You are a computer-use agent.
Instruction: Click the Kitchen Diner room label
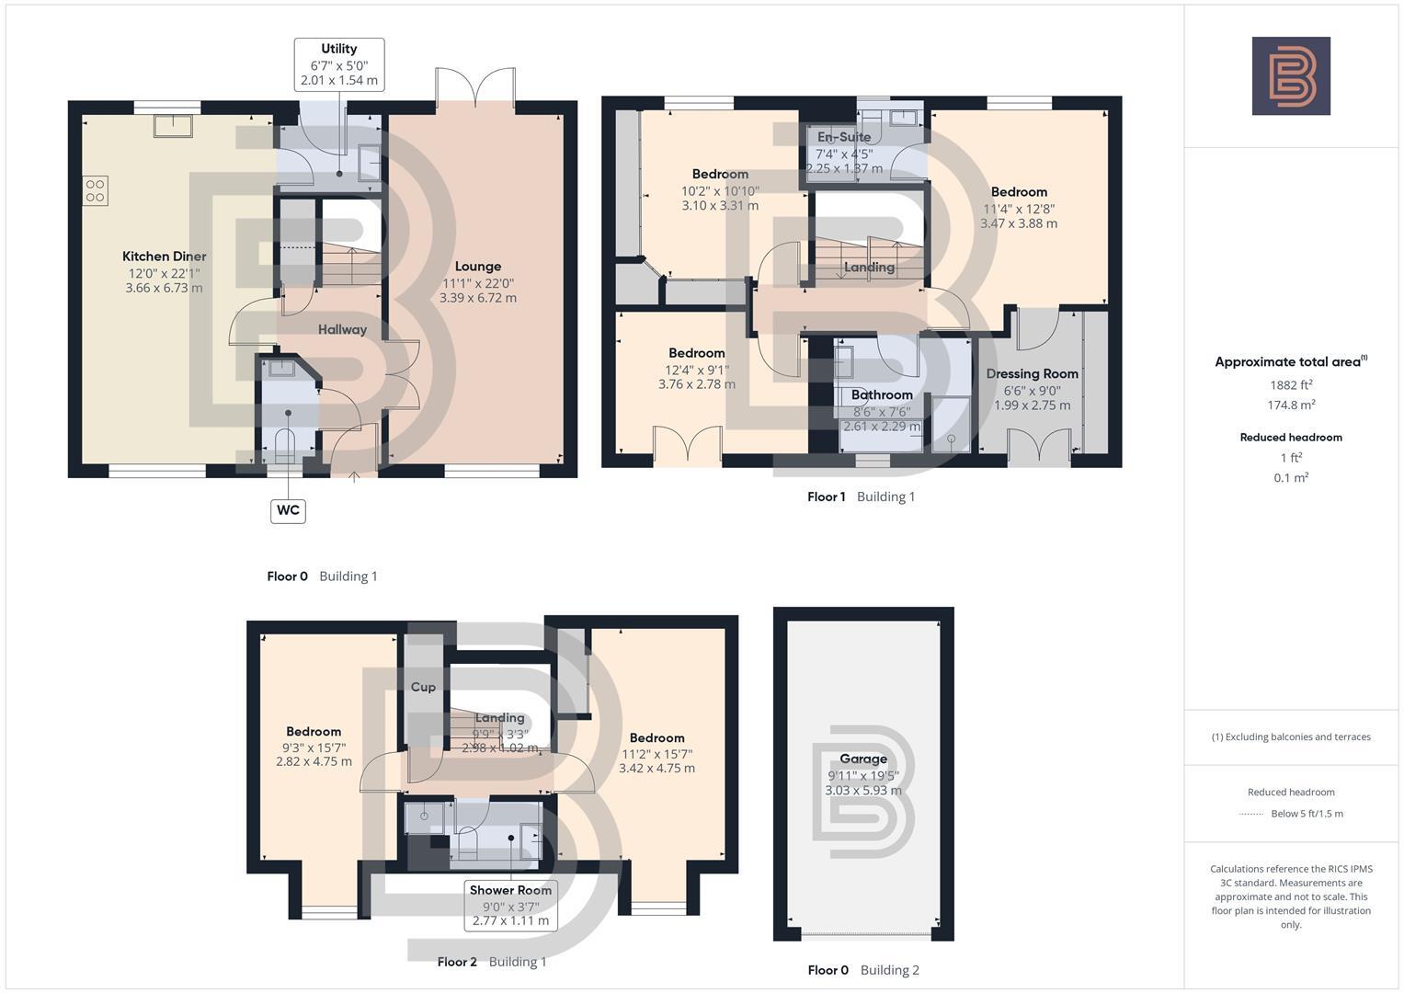coord(164,257)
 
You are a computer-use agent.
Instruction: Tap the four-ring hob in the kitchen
coord(96,190)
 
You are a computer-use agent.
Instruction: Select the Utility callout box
coord(338,64)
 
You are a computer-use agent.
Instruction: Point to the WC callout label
coord(288,510)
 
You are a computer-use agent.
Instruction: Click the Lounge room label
coord(477,267)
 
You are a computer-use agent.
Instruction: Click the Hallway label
coord(342,329)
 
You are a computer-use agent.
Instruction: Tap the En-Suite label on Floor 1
coord(843,137)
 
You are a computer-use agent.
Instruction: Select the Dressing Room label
coord(1032,374)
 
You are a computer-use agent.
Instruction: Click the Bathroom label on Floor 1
coord(881,395)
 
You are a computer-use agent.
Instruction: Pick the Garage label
coord(862,759)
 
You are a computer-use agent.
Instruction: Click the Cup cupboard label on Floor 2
coord(423,687)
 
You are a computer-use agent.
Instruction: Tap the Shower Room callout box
coord(510,905)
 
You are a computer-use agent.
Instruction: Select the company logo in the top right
coord(1291,76)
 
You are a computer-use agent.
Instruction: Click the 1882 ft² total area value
coord(1291,385)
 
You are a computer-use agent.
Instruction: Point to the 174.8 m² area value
coord(1291,405)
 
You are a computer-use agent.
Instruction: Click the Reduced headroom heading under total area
coord(1291,438)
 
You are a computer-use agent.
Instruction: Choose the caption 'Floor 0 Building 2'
coord(862,970)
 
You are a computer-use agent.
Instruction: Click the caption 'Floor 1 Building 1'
coord(861,496)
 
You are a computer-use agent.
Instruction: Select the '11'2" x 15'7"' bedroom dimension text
coord(656,753)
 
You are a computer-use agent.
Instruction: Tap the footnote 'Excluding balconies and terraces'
coord(1291,736)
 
